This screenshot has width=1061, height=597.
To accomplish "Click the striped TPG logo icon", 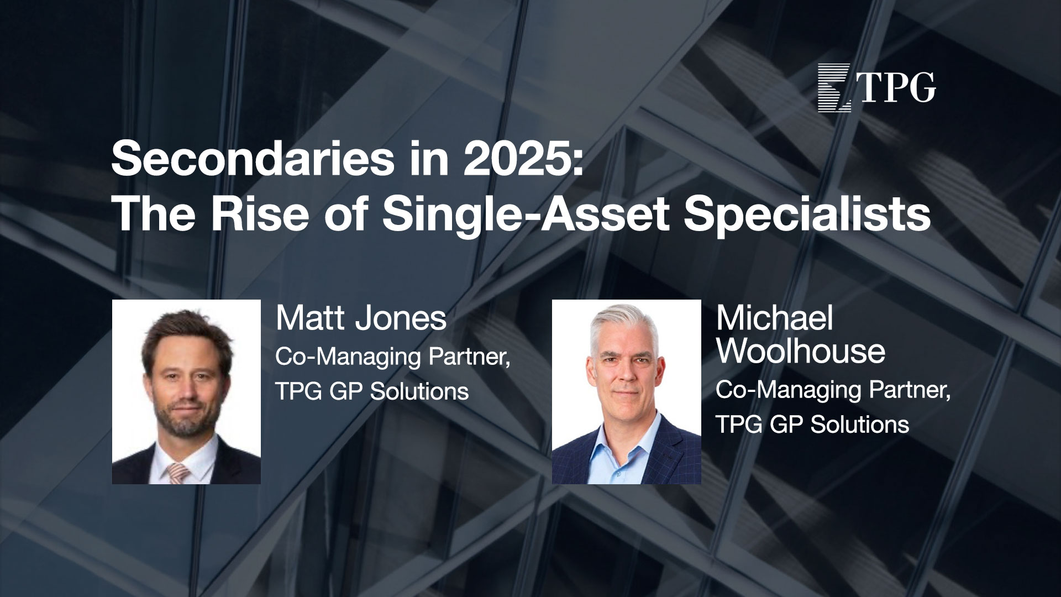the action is pyautogui.click(x=835, y=88).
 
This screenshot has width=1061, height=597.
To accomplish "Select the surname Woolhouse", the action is pyautogui.click(x=801, y=350).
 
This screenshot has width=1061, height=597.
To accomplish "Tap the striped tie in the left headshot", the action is pyautogui.click(x=178, y=474).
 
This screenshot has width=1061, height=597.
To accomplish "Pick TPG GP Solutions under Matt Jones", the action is pyautogui.click(x=372, y=392).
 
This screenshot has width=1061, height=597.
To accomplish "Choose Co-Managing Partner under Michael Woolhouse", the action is pyautogui.click(x=833, y=391).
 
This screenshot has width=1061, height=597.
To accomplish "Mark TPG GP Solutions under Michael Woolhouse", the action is pyautogui.click(x=812, y=425).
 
